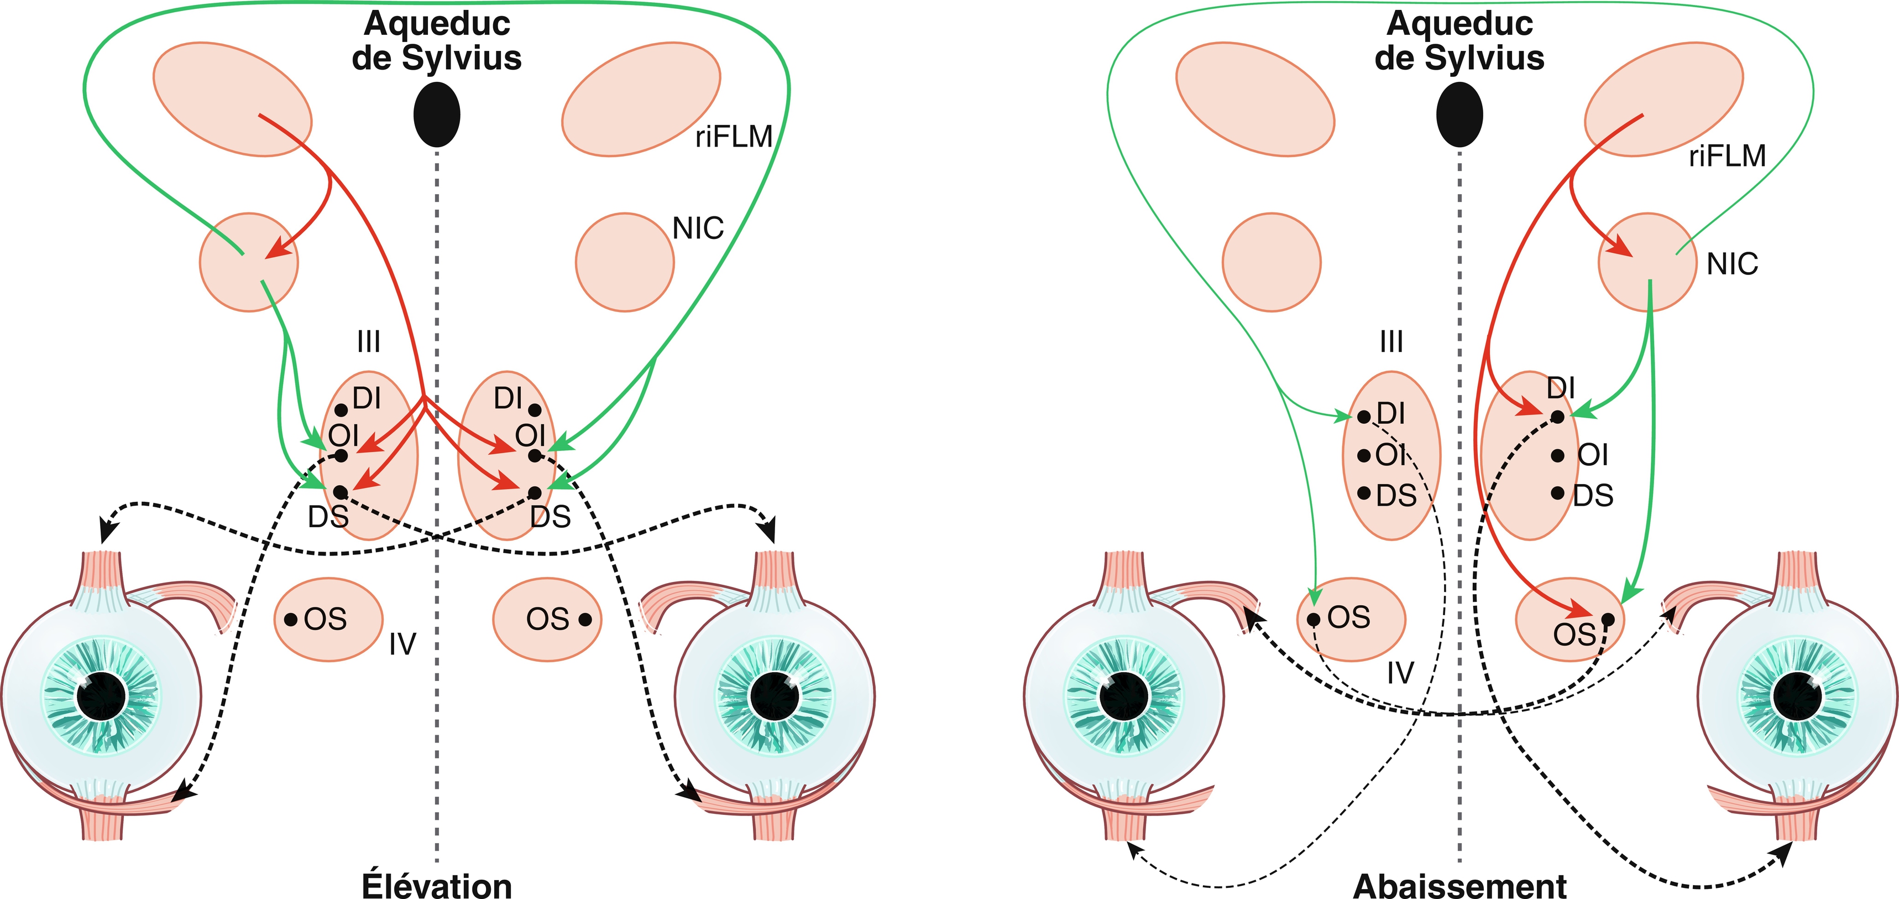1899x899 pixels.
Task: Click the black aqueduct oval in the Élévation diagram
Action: pos(437,115)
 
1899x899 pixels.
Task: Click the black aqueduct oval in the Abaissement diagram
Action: pos(1459,115)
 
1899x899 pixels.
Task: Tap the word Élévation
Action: pos(437,885)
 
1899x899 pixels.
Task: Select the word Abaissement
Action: pos(1459,885)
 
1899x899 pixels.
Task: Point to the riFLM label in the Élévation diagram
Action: pos(734,137)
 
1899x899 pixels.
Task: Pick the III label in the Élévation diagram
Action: pos(369,341)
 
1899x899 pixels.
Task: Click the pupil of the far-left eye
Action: pos(101,696)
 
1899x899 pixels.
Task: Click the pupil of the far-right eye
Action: pos(1797,696)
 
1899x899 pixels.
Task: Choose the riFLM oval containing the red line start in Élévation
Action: pos(232,99)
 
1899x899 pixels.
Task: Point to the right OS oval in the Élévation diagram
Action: pos(547,620)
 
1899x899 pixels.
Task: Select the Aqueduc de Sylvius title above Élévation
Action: pos(437,40)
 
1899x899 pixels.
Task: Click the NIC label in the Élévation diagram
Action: pos(697,228)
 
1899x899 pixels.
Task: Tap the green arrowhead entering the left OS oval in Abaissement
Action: pos(1314,594)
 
